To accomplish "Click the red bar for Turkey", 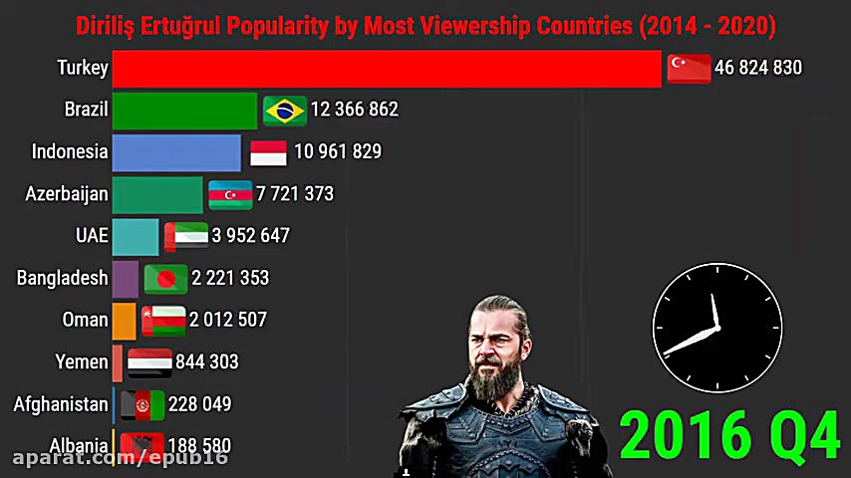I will (387, 68).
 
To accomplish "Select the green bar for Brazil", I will (184, 110).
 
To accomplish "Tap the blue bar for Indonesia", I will (176, 152).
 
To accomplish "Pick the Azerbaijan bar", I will (157, 194).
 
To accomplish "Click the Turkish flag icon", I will (689, 68).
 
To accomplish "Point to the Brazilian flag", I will (285, 110).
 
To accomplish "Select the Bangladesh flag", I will (165, 279).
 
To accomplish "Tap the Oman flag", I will (163, 321).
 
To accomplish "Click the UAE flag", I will (186, 236).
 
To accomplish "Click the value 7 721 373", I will (295, 194).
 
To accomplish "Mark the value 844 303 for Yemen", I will (207, 362).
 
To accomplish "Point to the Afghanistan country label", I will (61, 404).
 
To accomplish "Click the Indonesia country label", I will (70, 152).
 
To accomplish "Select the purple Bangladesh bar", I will (126, 279).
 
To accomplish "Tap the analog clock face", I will (716, 328).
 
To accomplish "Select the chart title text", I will (425, 25).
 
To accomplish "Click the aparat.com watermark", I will (121, 457).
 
